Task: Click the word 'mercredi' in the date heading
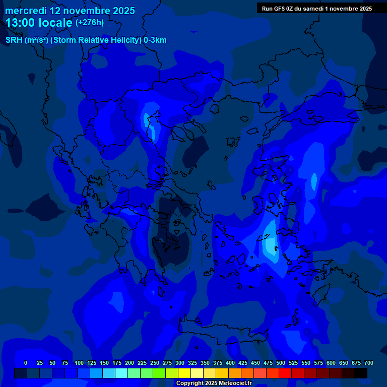[x=26, y=11]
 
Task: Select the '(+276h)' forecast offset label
[x=90, y=23]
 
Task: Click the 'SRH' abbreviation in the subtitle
[x=14, y=40]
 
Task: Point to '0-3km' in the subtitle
[x=155, y=40]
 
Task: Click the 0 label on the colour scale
[x=26, y=363]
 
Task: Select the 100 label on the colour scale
[x=79, y=363]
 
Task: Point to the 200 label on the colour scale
[x=130, y=363]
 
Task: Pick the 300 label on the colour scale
[x=180, y=363]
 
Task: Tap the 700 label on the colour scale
[x=369, y=363]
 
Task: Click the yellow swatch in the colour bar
[x=184, y=373]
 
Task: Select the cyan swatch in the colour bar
[x=121, y=373]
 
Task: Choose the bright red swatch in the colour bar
[x=285, y=373]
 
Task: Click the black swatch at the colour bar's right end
[x=361, y=373]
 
